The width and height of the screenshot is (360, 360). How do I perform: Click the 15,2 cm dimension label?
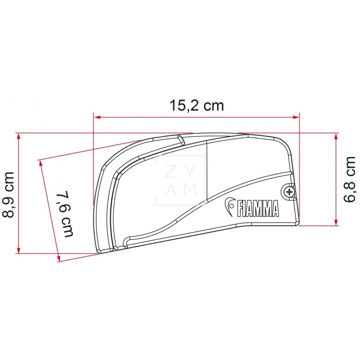click(x=197, y=106)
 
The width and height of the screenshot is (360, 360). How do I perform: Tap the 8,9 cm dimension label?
click(x=9, y=195)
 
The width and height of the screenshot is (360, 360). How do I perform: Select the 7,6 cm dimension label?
click(x=65, y=213)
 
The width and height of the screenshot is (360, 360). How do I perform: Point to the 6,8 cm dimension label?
click(x=350, y=180)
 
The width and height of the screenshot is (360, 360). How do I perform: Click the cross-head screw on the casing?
click(x=289, y=192)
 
